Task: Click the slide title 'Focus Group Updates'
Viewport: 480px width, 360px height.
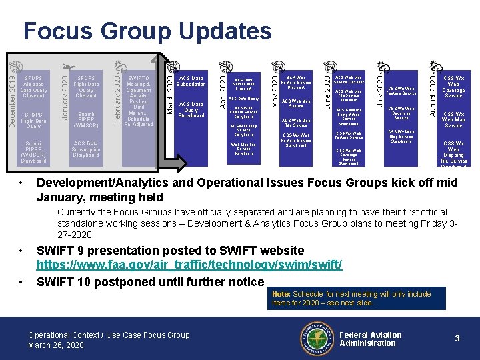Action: pos(147,31)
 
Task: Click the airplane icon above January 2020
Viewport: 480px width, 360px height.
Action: pos(67,67)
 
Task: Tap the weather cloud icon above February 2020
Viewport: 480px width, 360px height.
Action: pos(119,67)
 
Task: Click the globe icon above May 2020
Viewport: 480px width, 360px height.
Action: pos(276,66)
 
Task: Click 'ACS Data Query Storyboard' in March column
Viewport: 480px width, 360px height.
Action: pos(191,109)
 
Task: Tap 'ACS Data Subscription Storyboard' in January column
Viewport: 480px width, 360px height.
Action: pos(86,149)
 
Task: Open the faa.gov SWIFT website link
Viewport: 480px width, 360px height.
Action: pos(189,265)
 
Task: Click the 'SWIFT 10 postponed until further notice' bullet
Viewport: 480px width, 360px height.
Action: pos(151,282)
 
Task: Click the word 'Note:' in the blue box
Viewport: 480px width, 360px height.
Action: pos(281,294)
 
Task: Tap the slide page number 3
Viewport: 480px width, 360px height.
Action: pos(457,339)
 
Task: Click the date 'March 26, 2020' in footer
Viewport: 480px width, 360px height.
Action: pos(55,345)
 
